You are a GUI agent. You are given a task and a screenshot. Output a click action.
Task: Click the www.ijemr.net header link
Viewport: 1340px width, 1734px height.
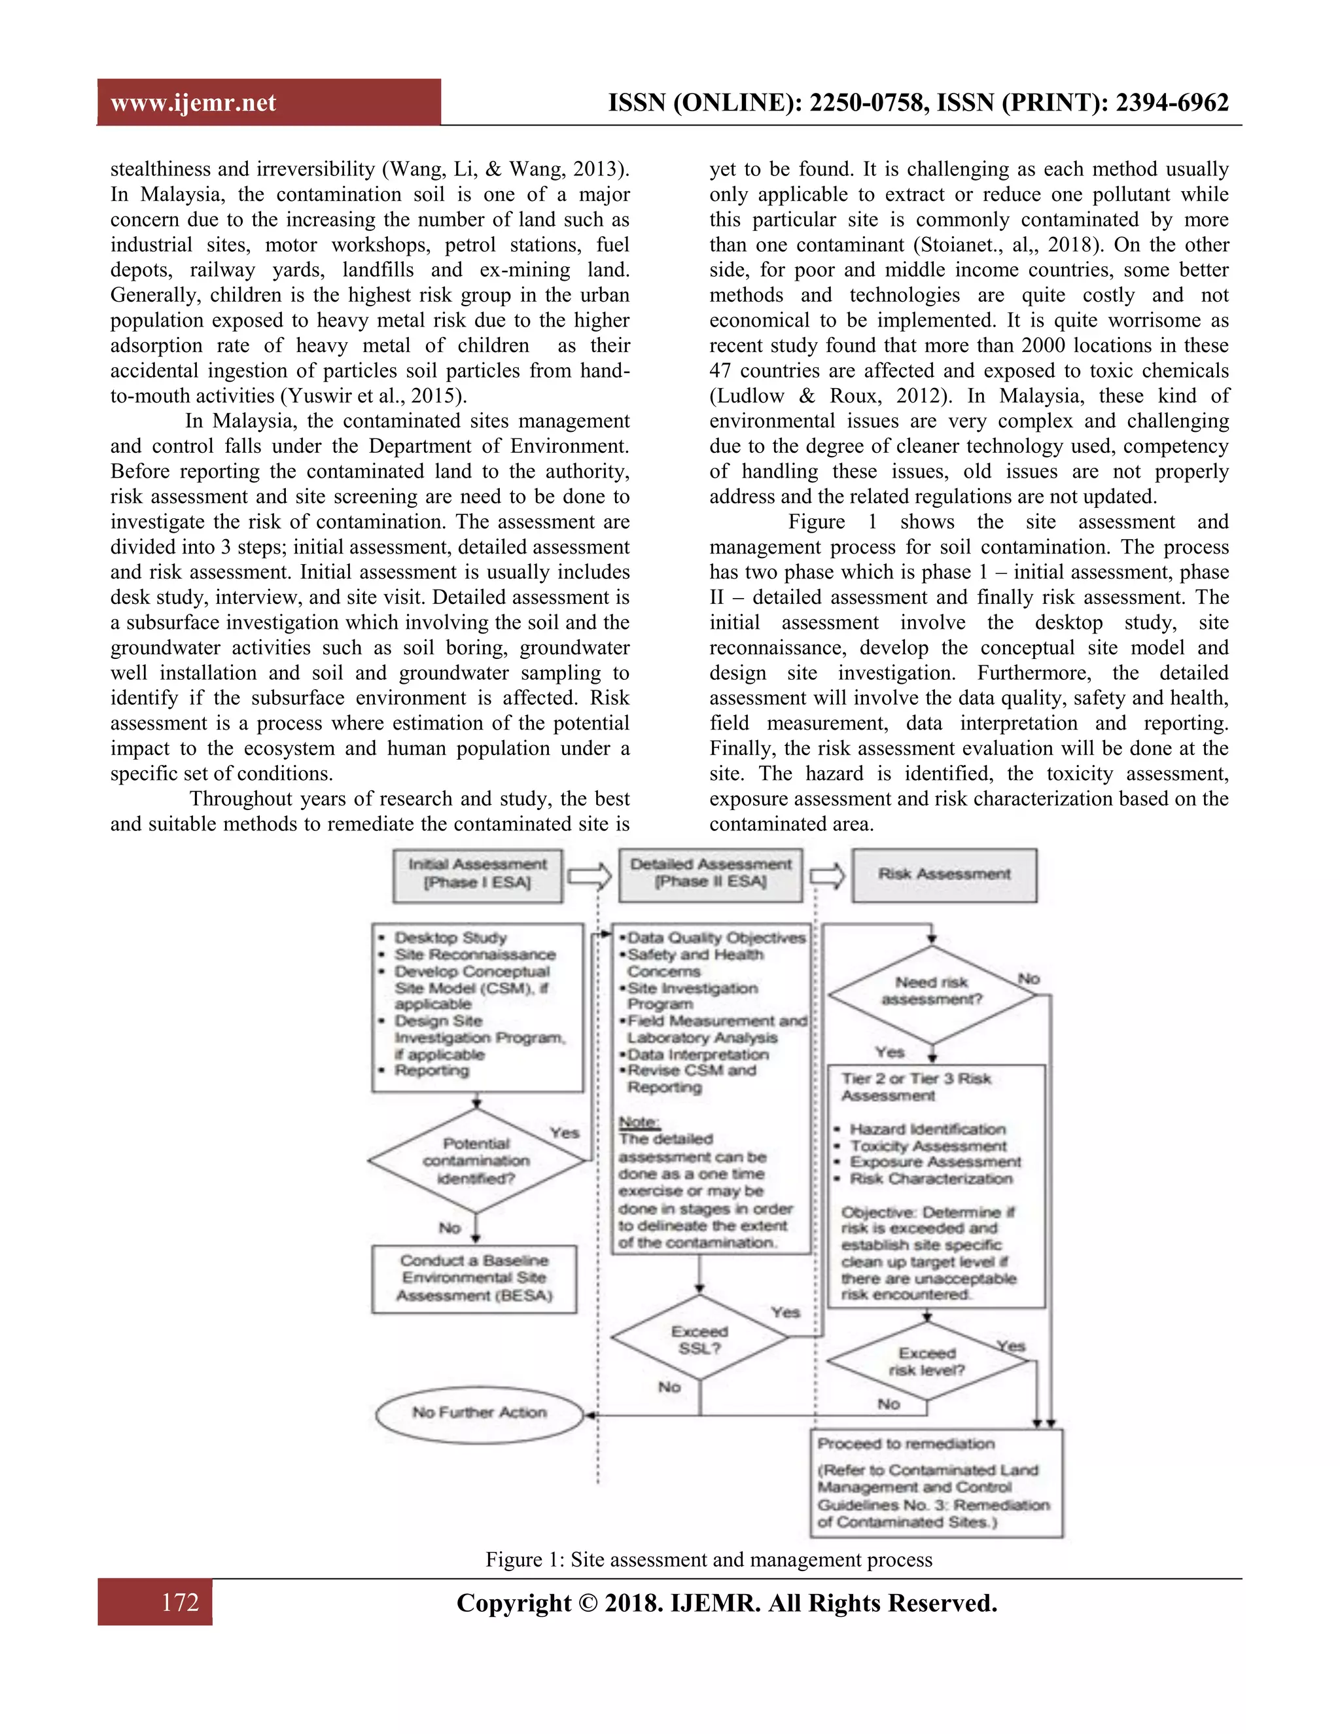pos(193,103)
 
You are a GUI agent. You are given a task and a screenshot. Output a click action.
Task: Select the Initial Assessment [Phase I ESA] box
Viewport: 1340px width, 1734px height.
pos(477,874)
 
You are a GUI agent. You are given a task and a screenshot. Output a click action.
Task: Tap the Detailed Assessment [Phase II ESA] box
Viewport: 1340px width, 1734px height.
pos(711,874)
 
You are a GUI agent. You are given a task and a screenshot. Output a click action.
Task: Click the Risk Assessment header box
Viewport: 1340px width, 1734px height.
pos(944,874)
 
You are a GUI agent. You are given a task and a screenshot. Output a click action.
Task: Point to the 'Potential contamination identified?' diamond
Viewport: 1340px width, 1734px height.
pos(476,1160)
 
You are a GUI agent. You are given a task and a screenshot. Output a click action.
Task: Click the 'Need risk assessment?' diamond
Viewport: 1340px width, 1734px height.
pos(932,991)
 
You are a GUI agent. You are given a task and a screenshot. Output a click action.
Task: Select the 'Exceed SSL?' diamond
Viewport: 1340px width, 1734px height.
pos(699,1340)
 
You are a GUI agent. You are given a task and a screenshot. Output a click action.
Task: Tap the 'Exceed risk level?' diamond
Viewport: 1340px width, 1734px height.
pos(927,1362)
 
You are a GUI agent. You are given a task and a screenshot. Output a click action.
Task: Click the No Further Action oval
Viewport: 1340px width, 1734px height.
pos(480,1413)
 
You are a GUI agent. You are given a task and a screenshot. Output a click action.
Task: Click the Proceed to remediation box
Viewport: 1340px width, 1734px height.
pos(936,1482)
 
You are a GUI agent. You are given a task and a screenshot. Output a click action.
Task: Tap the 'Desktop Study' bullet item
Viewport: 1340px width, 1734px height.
pos(450,938)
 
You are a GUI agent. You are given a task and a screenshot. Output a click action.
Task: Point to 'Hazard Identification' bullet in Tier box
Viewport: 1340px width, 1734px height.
pos(927,1129)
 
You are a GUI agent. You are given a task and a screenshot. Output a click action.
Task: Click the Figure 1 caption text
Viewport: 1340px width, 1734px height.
pos(708,1559)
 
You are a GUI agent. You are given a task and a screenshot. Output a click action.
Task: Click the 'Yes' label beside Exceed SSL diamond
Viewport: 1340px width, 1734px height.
pos(785,1313)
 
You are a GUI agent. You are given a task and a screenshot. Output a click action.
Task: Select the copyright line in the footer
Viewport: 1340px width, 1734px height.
pos(726,1603)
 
